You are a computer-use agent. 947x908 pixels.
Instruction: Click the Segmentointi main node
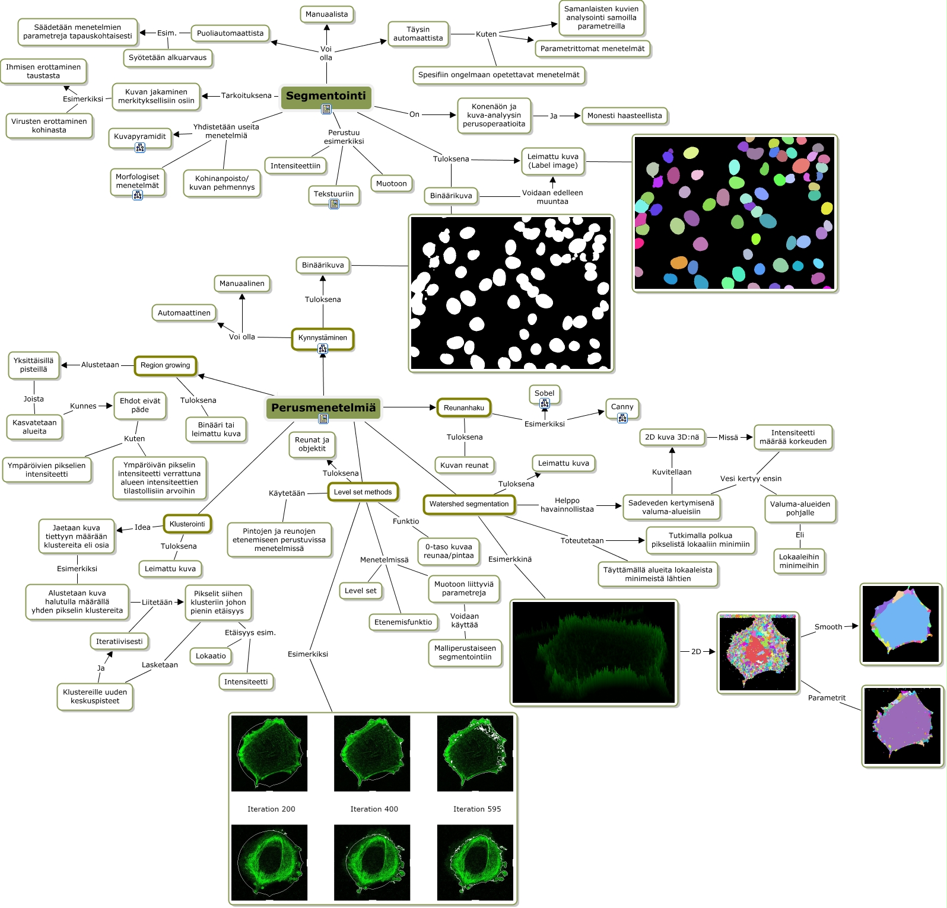(326, 96)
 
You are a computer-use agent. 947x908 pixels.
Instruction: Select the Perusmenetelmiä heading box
(323, 407)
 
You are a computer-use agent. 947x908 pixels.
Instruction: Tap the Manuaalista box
(326, 14)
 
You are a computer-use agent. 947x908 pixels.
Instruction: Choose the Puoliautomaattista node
(230, 33)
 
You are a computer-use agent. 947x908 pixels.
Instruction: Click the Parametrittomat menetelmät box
(592, 49)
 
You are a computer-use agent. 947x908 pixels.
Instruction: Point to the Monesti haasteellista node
(624, 116)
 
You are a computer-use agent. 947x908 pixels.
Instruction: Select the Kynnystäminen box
(323, 338)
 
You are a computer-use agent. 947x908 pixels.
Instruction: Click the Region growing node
(166, 365)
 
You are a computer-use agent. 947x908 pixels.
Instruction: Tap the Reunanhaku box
(464, 408)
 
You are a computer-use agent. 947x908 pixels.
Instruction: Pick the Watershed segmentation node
(469, 504)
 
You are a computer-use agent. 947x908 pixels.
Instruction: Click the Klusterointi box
(187, 524)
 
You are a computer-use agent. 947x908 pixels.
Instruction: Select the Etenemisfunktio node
(403, 622)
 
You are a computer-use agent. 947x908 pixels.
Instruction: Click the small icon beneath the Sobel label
(545, 403)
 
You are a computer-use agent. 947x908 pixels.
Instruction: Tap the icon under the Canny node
(622, 418)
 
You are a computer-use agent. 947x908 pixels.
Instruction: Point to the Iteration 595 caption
(477, 809)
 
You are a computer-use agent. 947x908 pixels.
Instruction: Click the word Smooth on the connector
(828, 627)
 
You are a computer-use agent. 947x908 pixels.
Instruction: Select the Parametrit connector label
(827, 698)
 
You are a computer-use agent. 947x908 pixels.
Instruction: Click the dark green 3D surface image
(594, 652)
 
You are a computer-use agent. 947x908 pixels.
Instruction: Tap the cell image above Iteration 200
(269, 753)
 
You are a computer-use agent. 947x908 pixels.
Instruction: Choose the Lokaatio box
(211, 656)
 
